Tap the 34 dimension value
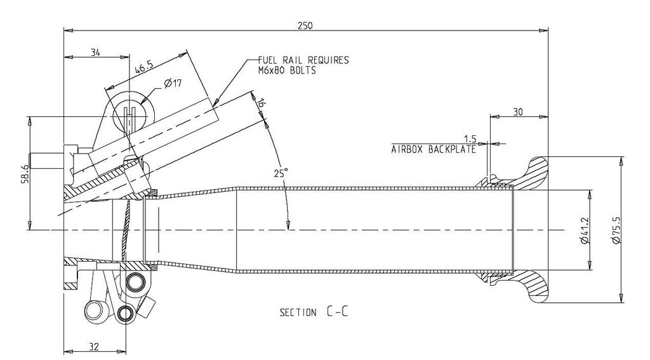(x=95, y=53)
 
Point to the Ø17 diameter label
(x=173, y=83)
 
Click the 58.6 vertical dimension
(x=24, y=172)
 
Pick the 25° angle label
(x=281, y=172)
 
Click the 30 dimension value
(x=518, y=112)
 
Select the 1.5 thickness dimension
(x=470, y=138)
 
